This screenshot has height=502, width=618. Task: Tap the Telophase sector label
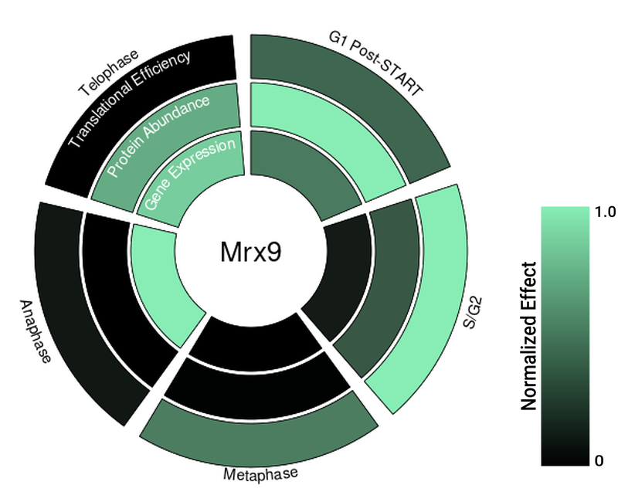pyautogui.click(x=108, y=73)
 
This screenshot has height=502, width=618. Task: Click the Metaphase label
pyautogui.click(x=260, y=473)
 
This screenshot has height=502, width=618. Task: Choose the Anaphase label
pyautogui.click(x=34, y=331)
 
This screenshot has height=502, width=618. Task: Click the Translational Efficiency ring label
pyautogui.click(x=129, y=98)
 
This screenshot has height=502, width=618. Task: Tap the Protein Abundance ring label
pyautogui.click(x=158, y=136)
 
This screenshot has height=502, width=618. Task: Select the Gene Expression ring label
pyautogui.click(x=188, y=175)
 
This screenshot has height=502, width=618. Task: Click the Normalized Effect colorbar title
pyautogui.click(x=529, y=335)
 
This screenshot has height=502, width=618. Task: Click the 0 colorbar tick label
pyautogui.click(x=599, y=461)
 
